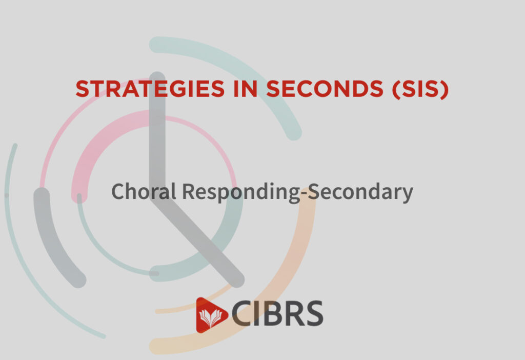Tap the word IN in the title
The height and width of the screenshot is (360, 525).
point(245,89)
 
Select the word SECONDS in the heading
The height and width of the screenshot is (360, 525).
point(325,89)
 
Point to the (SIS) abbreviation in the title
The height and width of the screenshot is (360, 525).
point(420,89)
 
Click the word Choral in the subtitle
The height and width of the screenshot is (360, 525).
point(144,191)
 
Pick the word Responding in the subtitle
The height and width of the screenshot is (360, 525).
point(241,192)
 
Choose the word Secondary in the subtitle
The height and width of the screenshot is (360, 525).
point(360,192)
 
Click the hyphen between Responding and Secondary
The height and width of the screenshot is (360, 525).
point(304,193)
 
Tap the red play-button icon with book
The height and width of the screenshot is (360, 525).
point(212,315)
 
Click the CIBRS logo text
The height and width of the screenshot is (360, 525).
point(277,313)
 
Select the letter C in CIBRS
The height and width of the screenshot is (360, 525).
point(243,313)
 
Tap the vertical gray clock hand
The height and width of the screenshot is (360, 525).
point(157,134)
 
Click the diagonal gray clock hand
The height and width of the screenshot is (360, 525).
point(197,243)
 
